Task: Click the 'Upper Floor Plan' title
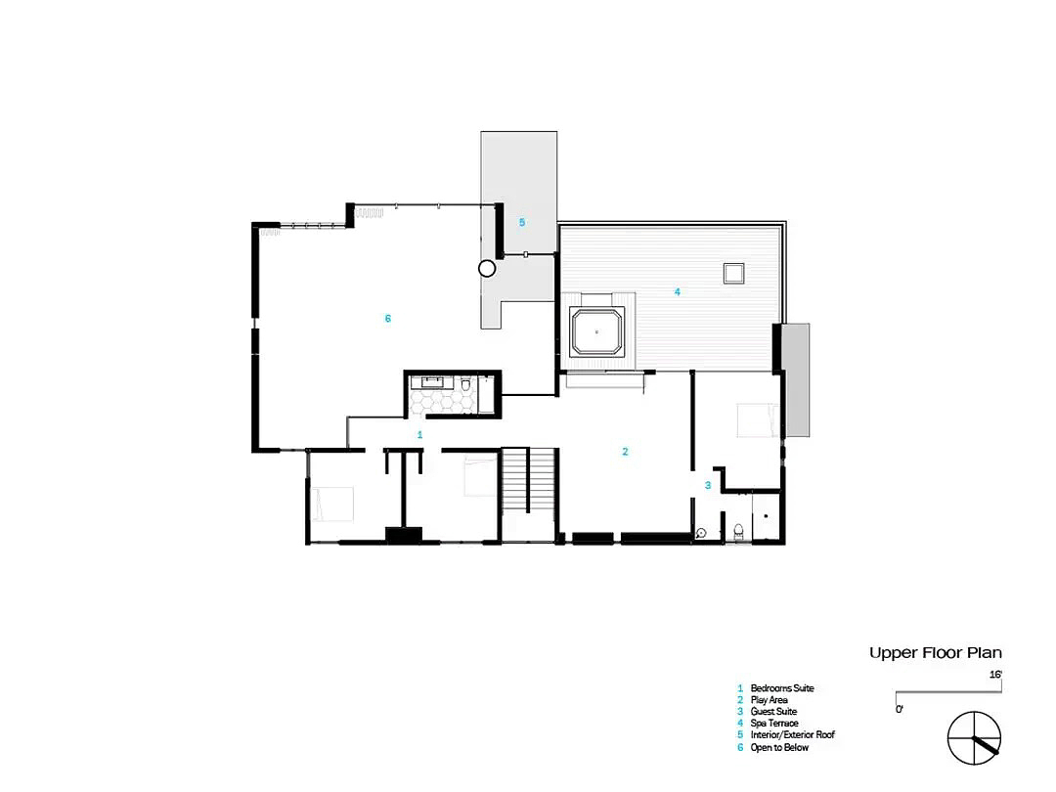pyautogui.click(x=935, y=652)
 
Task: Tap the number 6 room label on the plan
pyautogui.click(x=388, y=319)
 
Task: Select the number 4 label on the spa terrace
pyautogui.click(x=678, y=291)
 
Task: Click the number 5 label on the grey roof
pyautogui.click(x=522, y=222)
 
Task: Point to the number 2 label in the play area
pyautogui.click(x=625, y=451)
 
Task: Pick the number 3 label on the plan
pyautogui.click(x=708, y=485)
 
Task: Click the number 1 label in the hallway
pyautogui.click(x=419, y=435)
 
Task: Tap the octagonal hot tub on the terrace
pyautogui.click(x=596, y=331)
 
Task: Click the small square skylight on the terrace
pyautogui.click(x=734, y=274)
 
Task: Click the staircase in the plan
pyautogui.click(x=529, y=481)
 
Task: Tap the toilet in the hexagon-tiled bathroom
pyautogui.click(x=465, y=385)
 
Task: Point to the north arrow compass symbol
pyautogui.click(x=974, y=738)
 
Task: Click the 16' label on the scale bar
pyautogui.click(x=995, y=674)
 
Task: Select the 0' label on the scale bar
pyautogui.click(x=900, y=709)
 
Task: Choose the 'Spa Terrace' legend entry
pyautogui.click(x=774, y=724)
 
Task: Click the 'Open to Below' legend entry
pyautogui.click(x=779, y=748)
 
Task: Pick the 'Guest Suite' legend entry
pyautogui.click(x=773, y=711)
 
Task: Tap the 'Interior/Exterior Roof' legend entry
pyautogui.click(x=793, y=734)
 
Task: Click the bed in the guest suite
pyautogui.click(x=759, y=420)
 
